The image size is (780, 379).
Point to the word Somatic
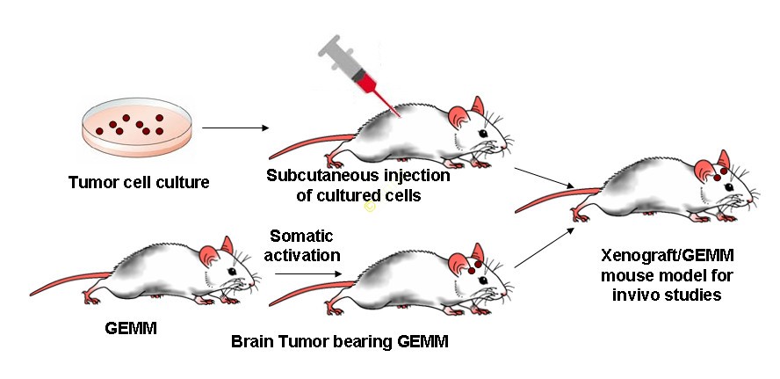(x=297, y=236)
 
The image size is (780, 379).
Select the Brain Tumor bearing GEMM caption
(x=339, y=341)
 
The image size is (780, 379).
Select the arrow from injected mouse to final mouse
(x=545, y=176)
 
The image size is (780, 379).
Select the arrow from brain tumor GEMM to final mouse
(x=545, y=247)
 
